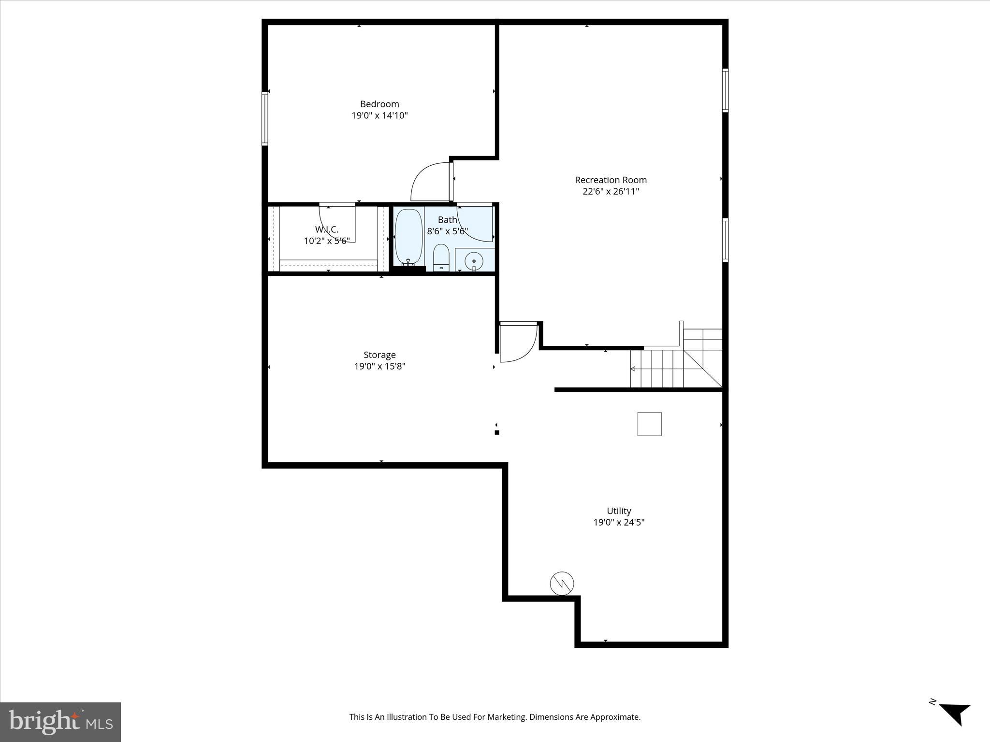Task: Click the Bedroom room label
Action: pos(379,104)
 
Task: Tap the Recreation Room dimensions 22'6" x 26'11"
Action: pos(611,191)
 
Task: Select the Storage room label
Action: pos(379,355)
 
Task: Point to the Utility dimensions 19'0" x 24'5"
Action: pos(619,522)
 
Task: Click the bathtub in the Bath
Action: pos(408,236)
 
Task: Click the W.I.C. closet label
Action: pos(327,229)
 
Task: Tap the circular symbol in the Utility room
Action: pos(562,584)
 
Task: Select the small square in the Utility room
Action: pos(649,424)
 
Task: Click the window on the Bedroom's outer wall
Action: pos(264,118)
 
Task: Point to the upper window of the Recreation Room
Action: pos(725,90)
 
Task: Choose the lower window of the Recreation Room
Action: pos(725,240)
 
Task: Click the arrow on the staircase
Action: pos(633,369)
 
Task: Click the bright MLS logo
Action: pos(60,722)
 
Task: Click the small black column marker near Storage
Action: pos(496,432)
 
